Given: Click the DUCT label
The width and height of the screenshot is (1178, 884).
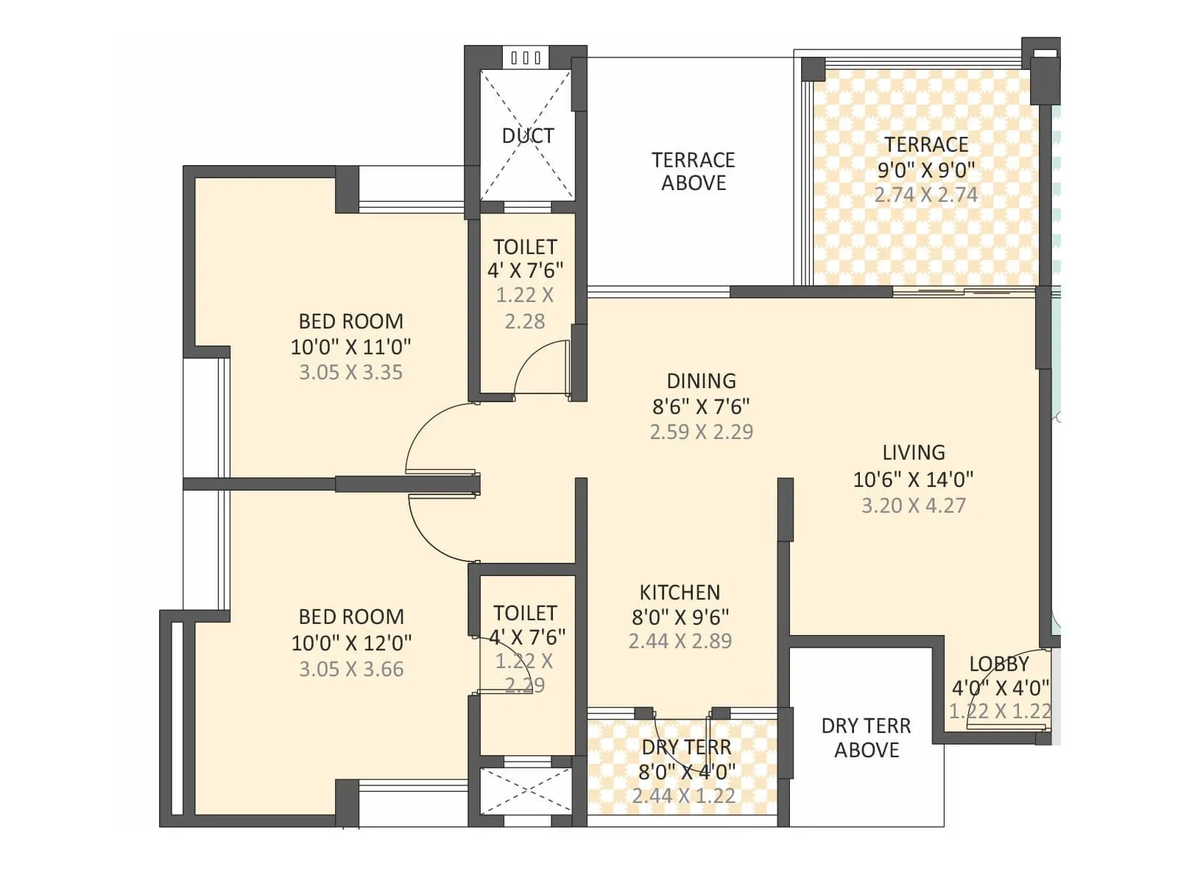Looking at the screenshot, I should tap(527, 136).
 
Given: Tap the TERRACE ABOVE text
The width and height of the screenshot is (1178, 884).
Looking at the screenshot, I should tap(693, 171).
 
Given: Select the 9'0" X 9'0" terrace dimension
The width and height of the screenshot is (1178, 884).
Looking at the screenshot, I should tap(925, 169).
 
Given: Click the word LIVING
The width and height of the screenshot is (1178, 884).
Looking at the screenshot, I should tap(914, 452).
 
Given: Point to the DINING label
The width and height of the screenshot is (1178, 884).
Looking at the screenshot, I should tap(701, 381).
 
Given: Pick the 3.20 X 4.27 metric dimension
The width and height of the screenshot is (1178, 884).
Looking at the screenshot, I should tap(914, 505).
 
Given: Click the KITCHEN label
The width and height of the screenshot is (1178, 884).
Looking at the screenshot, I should tap(680, 592).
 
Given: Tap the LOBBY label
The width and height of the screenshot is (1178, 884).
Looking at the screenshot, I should tap(998, 664).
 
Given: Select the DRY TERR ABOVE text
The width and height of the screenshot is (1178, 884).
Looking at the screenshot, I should tap(866, 737).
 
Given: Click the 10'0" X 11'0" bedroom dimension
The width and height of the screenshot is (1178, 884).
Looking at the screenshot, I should tap(350, 346).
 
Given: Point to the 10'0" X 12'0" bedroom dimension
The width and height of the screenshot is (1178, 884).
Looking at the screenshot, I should tap(351, 642).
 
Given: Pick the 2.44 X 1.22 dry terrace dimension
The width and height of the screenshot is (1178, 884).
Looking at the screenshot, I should tap(683, 796).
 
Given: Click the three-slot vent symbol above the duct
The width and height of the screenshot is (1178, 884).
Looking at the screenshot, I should tap(526, 57).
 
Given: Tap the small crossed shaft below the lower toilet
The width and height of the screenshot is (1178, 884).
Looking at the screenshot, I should tap(526, 790).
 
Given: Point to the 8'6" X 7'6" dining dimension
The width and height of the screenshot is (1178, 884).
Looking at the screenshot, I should tap(701, 406).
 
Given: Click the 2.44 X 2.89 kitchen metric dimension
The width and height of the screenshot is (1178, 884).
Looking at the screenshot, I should tap(680, 641).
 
